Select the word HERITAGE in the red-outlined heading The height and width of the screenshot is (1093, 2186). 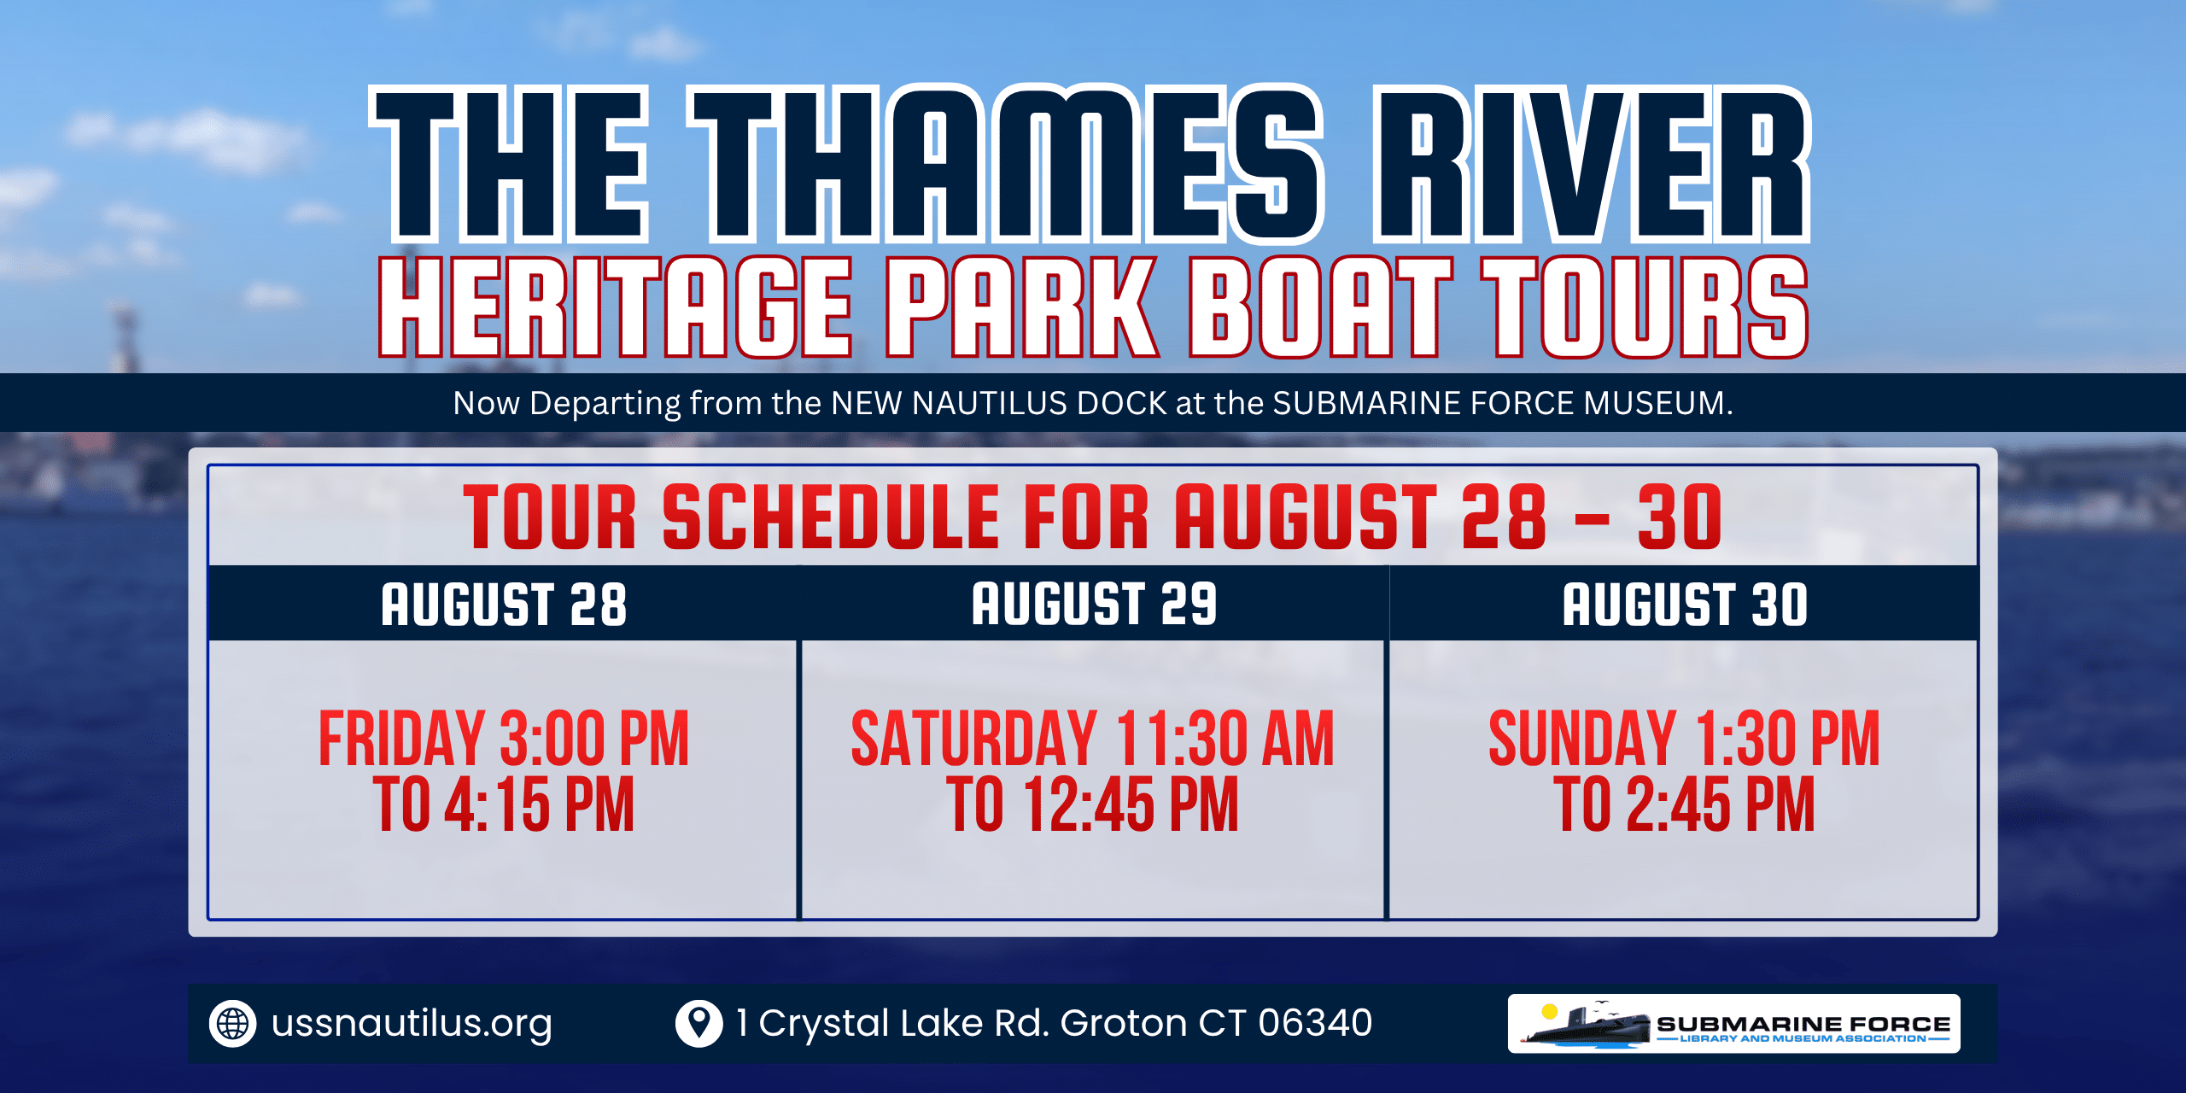click(616, 307)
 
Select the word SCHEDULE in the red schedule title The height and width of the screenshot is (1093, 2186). click(831, 517)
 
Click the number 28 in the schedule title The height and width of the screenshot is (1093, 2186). click(1504, 517)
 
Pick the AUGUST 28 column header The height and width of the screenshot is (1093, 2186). click(504, 605)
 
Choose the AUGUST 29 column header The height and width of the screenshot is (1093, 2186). click(1094, 605)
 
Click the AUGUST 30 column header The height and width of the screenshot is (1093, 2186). click(1685, 605)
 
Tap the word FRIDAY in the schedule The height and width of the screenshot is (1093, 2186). click(401, 739)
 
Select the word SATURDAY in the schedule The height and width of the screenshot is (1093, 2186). click(973, 739)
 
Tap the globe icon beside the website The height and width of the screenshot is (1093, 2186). click(232, 1023)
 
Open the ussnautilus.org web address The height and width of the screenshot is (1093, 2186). click(412, 1024)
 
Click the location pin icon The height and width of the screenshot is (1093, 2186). click(698, 1023)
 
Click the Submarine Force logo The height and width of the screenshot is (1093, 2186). click(1733, 1023)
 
